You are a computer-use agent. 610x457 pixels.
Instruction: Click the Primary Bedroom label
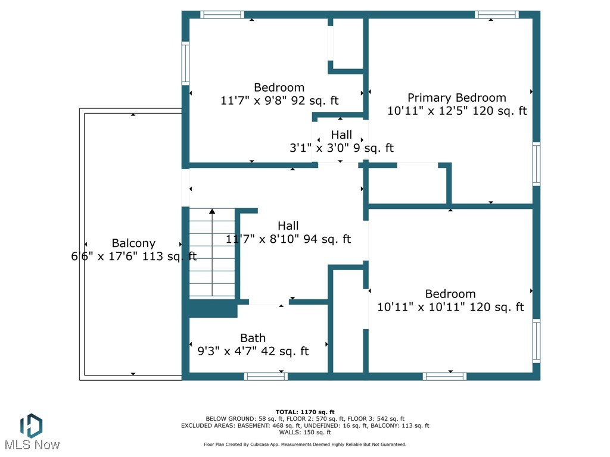(456, 98)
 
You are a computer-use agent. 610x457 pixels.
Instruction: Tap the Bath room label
(253, 338)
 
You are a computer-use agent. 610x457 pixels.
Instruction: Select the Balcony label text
(133, 243)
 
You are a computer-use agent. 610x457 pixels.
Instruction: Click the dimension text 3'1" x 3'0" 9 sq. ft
(341, 148)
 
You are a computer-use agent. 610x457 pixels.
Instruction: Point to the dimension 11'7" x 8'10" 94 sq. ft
(288, 239)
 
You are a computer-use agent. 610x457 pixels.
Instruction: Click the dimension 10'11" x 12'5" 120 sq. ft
(457, 111)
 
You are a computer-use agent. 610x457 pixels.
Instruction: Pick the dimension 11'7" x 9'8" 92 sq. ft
(279, 101)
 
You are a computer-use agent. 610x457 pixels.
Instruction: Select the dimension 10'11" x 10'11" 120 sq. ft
(450, 307)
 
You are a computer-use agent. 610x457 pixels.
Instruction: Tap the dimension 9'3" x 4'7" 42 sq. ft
(253, 351)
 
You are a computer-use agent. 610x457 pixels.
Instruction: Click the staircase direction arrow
(212, 212)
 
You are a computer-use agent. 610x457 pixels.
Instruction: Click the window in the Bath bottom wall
(266, 376)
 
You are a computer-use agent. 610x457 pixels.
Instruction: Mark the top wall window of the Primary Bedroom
(496, 15)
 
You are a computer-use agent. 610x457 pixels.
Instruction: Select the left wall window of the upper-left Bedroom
(185, 63)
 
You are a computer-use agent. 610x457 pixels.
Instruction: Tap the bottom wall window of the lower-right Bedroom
(444, 376)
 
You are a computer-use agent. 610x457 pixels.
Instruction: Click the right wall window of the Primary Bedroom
(536, 164)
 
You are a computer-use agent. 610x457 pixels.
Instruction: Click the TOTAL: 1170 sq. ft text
(305, 412)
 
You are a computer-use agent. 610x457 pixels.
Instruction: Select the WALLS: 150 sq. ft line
(305, 433)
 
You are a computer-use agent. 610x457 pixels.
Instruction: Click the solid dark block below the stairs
(213, 308)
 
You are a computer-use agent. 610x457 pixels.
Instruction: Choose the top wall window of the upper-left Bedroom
(222, 15)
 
